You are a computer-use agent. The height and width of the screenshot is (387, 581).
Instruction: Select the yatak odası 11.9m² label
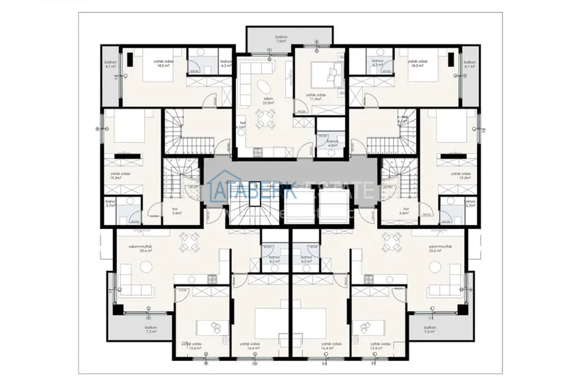(x=315, y=98)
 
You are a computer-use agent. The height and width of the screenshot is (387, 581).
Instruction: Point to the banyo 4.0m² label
(x=332, y=143)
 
